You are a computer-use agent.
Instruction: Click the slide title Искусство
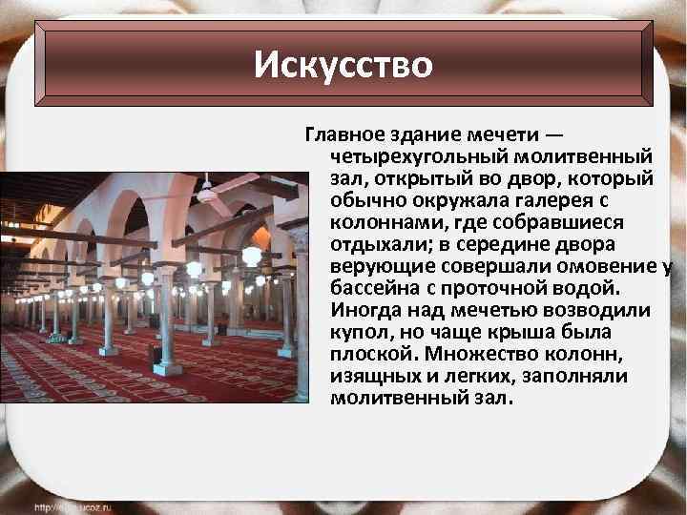click(x=343, y=66)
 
